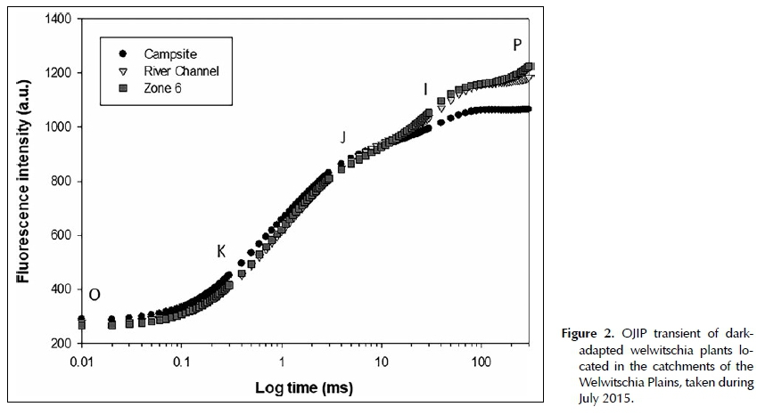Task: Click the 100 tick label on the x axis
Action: pyautogui.click(x=481, y=363)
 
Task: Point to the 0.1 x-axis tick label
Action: pyautogui.click(x=181, y=363)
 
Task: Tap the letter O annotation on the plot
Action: pyautogui.click(x=95, y=295)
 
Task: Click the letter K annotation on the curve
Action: pyautogui.click(x=221, y=251)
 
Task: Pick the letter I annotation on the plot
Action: pyautogui.click(x=425, y=89)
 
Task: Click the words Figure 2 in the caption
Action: pyautogui.click(x=585, y=334)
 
